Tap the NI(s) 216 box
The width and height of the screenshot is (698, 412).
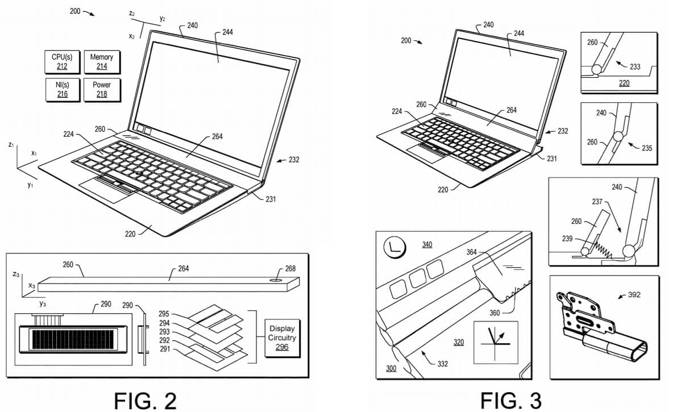(x=62, y=90)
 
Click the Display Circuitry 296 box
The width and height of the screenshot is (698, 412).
(x=282, y=338)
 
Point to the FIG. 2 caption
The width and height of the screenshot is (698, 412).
(x=146, y=400)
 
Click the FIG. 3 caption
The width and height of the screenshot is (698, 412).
(x=511, y=400)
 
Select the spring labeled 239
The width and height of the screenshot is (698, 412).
(x=600, y=248)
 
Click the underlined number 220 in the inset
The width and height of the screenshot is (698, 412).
(x=624, y=83)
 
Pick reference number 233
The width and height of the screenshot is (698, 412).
(x=635, y=66)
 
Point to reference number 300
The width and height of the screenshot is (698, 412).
(x=391, y=369)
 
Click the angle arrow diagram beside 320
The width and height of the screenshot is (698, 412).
(x=496, y=340)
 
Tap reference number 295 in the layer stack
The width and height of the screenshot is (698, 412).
(x=164, y=314)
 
